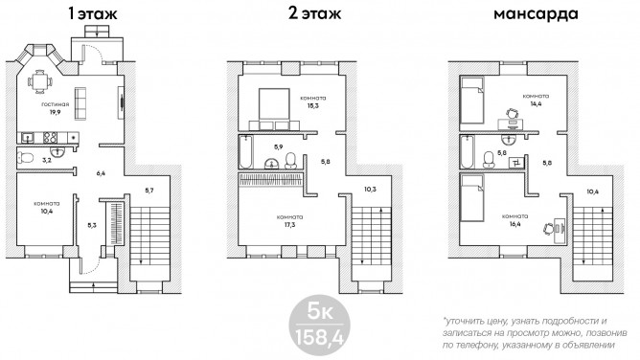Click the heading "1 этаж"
[93, 13]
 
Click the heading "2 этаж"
[314, 13]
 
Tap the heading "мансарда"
[536, 14]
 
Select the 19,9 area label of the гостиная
[56, 112]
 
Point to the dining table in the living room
[39, 81]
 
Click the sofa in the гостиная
[80, 103]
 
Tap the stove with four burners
[50, 138]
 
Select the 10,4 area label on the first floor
[46, 212]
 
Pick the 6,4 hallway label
[101, 173]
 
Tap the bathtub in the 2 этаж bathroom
[245, 151]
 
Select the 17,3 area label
[289, 225]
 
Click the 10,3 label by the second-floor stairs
[370, 190]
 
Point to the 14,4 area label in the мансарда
[536, 104]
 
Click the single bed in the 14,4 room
[471, 101]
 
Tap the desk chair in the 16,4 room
[548, 229]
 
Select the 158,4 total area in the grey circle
[319, 337]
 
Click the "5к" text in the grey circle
[320, 312]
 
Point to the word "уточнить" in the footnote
[462, 322]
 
